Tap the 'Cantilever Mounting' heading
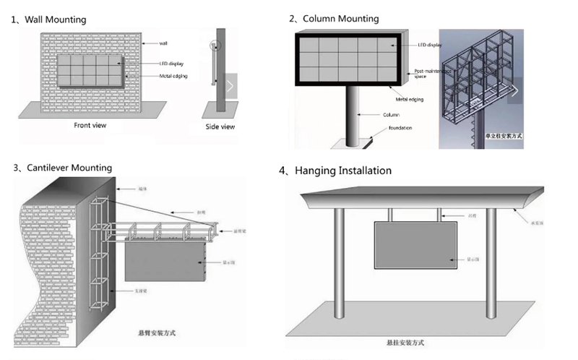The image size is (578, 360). coord(68,168)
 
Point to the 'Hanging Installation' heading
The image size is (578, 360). coord(340,171)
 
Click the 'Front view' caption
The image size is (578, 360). coord(90,125)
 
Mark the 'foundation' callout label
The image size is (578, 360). coord(400,128)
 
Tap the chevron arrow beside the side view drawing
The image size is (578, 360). coord(230,87)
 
